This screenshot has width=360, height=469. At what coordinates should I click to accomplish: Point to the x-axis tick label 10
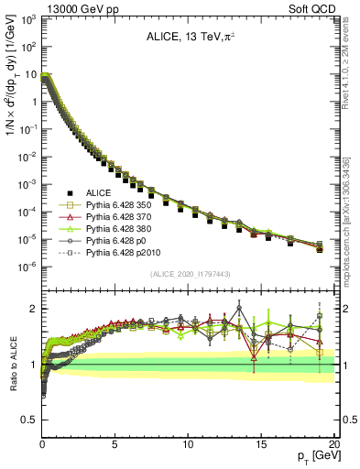coord(188,444)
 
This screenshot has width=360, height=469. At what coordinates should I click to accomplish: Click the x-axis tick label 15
coord(261,444)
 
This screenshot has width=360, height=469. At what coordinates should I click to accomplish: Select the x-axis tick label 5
coord(115,444)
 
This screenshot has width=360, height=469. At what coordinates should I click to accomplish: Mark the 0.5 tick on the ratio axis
coord(31,420)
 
